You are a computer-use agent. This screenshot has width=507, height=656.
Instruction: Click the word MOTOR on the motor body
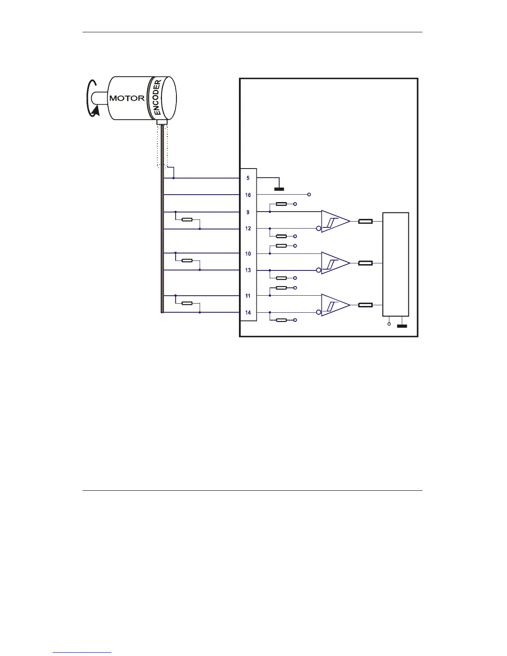pyautogui.click(x=127, y=98)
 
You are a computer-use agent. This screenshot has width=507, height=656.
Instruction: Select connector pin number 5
pyautogui.click(x=248, y=178)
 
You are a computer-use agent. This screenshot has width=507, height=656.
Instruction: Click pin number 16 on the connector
pyautogui.click(x=248, y=195)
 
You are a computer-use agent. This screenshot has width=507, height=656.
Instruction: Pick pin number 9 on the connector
pyautogui.click(x=248, y=212)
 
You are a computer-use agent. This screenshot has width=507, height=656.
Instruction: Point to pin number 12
pyautogui.click(x=248, y=229)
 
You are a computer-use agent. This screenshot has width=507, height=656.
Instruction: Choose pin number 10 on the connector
pyautogui.click(x=248, y=254)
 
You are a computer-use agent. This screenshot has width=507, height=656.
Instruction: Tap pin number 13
pyautogui.click(x=248, y=270)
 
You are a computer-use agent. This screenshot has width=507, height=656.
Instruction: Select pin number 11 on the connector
pyautogui.click(x=248, y=296)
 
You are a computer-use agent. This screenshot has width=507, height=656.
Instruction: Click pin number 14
pyautogui.click(x=248, y=313)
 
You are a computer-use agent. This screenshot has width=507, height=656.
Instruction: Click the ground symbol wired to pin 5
pyautogui.click(x=279, y=189)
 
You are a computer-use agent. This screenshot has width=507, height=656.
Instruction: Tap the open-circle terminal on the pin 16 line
pyautogui.click(x=309, y=195)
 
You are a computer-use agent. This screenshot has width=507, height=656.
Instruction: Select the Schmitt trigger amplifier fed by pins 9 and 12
pyautogui.click(x=335, y=222)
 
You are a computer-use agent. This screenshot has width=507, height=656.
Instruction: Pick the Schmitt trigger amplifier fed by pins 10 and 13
pyautogui.click(x=335, y=263)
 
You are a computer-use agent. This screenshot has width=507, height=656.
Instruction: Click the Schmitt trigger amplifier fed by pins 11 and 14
pyautogui.click(x=335, y=305)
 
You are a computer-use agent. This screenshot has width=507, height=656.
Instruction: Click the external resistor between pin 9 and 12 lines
pyautogui.click(x=187, y=219)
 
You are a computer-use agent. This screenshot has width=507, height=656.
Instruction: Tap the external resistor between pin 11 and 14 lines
pyautogui.click(x=187, y=303)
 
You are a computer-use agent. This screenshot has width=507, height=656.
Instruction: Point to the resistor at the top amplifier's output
pyautogui.click(x=365, y=222)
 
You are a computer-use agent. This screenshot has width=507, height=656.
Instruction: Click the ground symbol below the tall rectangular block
pyautogui.click(x=402, y=326)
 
